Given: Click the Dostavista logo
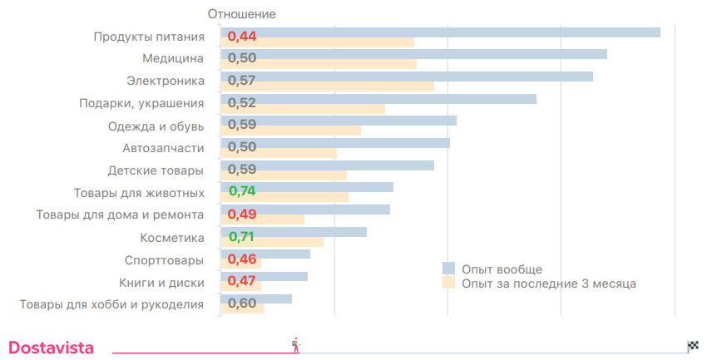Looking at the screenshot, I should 51,348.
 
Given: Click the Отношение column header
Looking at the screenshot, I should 241,14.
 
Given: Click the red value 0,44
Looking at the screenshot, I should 242,37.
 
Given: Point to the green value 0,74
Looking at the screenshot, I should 242,192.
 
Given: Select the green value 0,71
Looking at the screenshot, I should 242,237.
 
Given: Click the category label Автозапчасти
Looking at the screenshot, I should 163,148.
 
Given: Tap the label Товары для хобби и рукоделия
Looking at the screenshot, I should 111,304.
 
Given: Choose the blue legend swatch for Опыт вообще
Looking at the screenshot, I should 448,269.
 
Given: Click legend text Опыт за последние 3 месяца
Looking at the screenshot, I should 549,284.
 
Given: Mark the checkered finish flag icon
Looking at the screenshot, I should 693,346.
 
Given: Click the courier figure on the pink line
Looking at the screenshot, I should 295,345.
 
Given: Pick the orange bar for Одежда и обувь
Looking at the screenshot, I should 316,131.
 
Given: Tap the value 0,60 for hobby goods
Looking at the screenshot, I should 242,303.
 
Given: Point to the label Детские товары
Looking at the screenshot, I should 156,170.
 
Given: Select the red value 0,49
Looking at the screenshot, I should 242,215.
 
